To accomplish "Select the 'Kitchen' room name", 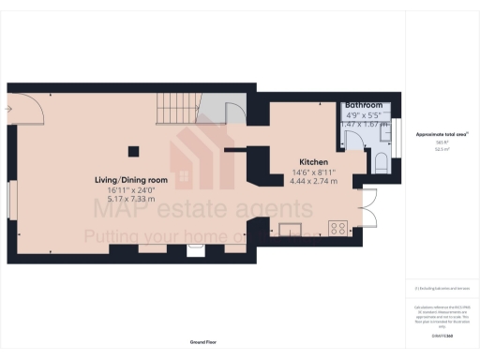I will pyautogui.click(x=311, y=161).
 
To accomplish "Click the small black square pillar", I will pyautogui.click(x=133, y=149).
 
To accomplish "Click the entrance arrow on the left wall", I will pyautogui.click(x=8, y=109).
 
